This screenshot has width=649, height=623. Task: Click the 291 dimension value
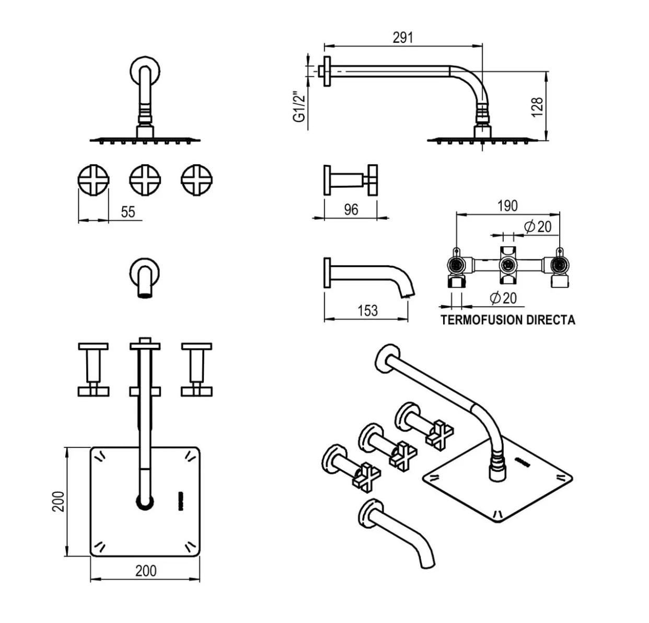(x=402, y=38)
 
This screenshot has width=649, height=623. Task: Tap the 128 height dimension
(x=537, y=107)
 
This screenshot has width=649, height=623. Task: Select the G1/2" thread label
(x=299, y=107)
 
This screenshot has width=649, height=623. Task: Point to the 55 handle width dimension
(x=128, y=212)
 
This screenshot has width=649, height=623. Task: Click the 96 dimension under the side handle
(x=351, y=210)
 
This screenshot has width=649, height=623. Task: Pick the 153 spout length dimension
(x=367, y=311)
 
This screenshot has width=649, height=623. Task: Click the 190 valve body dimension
(x=507, y=206)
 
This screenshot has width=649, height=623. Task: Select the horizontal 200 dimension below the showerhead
(x=145, y=571)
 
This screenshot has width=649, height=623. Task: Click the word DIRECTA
(x=550, y=320)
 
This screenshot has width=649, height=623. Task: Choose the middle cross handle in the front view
(x=145, y=180)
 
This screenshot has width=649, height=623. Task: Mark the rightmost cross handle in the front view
(x=196, y=180)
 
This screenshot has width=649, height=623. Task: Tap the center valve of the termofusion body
(x=506, y=265)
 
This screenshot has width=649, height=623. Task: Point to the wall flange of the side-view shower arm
(x=327, y=71)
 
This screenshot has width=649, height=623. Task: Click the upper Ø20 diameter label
(x=538, y=226)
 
